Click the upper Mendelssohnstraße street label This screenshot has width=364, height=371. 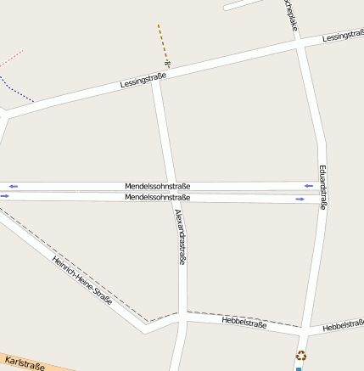coord(157,186)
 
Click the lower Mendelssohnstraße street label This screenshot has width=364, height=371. coord(157,197)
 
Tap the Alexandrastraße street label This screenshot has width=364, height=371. coord(180,237)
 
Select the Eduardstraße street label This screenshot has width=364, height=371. coord(323,187)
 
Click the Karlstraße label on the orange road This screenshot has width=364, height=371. coord(24,364)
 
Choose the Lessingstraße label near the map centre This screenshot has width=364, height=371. coord(143,82)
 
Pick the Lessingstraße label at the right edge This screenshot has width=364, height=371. coord(344,37)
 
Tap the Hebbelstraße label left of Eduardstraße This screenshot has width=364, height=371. coord(244,323)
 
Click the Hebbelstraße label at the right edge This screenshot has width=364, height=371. coord(344,325)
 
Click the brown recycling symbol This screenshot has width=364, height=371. coord(300,357)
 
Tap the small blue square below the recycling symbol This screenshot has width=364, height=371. coord(299,368)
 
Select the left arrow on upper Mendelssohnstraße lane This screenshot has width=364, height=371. coord(13,186)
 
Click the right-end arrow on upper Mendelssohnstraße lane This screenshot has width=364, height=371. coord(309,186)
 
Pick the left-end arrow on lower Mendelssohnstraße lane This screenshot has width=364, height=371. coord(4,196)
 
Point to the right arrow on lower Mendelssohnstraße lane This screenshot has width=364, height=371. coord(300,199)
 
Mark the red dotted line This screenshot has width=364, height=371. coord(11,59)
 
